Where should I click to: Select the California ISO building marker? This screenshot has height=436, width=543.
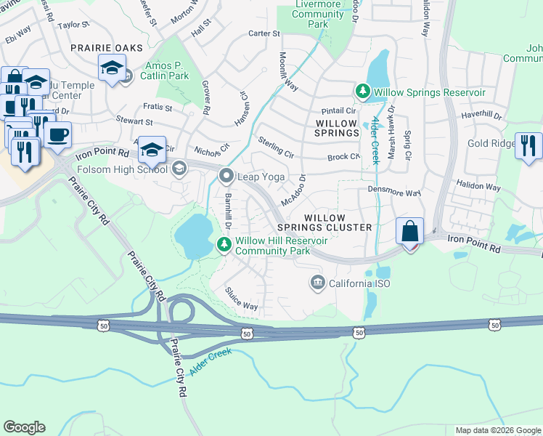pos(317,283)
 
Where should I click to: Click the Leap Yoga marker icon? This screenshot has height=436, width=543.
pos(227,177)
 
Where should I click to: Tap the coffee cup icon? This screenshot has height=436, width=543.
pos(57,134)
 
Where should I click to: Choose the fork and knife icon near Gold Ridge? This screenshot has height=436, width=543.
pos(528,145)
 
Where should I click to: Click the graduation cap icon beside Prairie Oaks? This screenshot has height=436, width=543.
pos(111,68)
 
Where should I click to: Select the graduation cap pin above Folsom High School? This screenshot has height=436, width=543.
pos(152,149)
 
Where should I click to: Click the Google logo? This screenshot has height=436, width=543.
pos(24,427)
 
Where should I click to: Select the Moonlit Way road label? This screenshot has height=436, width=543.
pos(288,70)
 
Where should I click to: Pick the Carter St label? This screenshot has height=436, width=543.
pos(264,33)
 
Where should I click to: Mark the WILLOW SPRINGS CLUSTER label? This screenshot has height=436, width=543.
pos(338,222)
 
